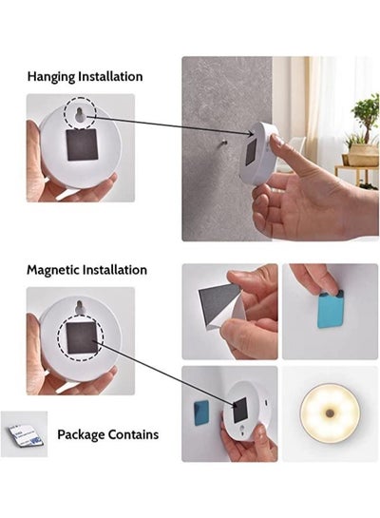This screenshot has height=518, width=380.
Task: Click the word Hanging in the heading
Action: (x=51, y=77)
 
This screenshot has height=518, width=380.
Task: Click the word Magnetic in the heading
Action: (x=53, y=270)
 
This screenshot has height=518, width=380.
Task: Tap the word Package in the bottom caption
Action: (x=81, y=434)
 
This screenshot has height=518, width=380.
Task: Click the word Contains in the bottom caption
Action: (x=133, y=434)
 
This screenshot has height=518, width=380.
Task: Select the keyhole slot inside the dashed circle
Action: (x=80, y=115)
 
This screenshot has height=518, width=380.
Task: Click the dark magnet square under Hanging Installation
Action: (x=82, y=144)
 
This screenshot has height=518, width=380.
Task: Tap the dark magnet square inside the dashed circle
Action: (x=82, y=337)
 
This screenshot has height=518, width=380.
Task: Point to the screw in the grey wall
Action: (x=224, y=143)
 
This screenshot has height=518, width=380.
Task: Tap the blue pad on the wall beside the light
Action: (x=201, y=412)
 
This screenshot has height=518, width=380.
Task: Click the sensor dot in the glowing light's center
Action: (x=329, y=412)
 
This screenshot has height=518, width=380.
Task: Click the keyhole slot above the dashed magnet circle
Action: (x=80, y=308)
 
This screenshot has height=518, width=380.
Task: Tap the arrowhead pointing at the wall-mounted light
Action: (x=251, y=133)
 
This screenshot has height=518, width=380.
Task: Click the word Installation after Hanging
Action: (x=110, y=76)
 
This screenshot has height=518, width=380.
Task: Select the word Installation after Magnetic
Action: (x=115, y=270)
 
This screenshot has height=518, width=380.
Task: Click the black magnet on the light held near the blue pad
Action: (x=240, y=410)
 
